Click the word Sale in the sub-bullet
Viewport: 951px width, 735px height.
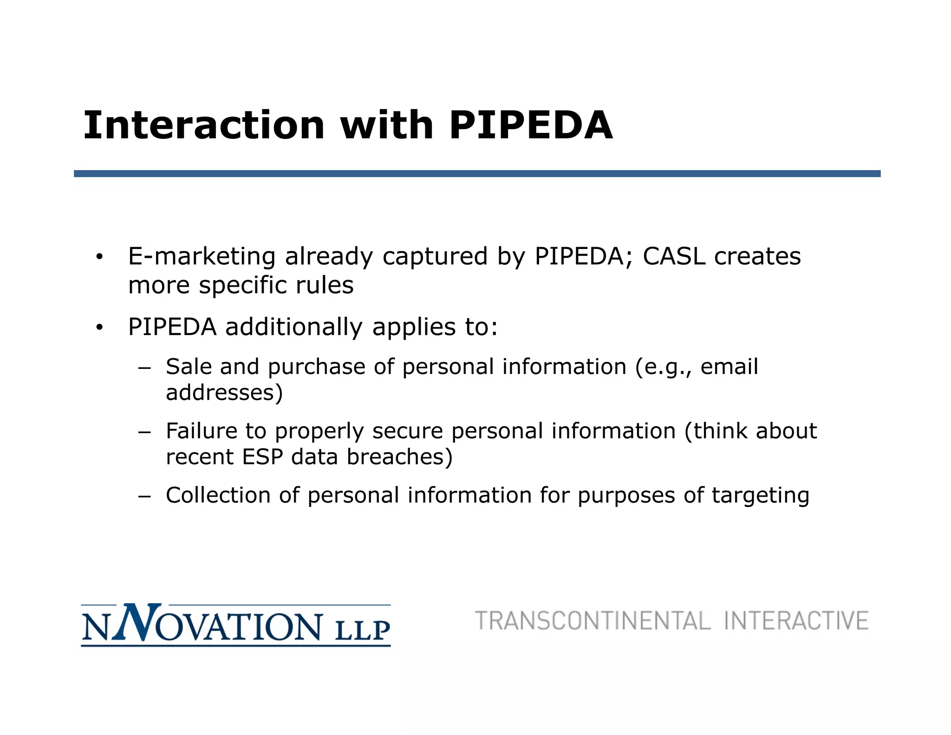pyautogui.click(x=189, y=367)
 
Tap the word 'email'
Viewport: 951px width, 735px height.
pyautogui.click(x=729, y=367)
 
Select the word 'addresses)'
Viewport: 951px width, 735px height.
pyautogui.click(x=224, y=393)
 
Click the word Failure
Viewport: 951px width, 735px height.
pyautogui.click(x=201, y=431)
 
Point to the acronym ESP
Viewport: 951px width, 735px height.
pyautogui.click(x=262, y=457)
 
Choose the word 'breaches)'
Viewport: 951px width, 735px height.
pyautogui.click(x=399, y=457)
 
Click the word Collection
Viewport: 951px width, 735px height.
pyautogui.click(x=218, y=495)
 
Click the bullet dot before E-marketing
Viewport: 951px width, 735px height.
pyautogui.click(x=99, y=257)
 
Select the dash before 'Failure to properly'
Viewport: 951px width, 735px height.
pyautogui.click(x=144, y=432)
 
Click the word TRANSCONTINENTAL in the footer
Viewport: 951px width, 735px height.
pyautogui.click(x=593, y=621)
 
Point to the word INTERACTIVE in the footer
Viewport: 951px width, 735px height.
pyautogui.click(x=796, y=621)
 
